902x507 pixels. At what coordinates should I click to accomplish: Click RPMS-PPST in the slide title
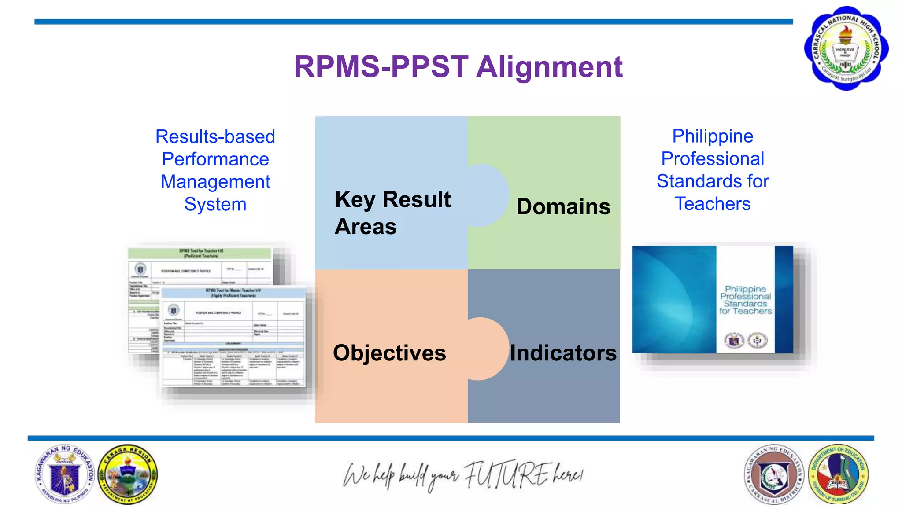point(381,67)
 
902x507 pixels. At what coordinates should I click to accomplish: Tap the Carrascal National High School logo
point(846,48)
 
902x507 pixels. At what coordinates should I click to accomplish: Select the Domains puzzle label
point(563,206)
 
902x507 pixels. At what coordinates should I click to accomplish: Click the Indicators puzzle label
point(563,353)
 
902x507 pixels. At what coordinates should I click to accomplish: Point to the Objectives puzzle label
point(389,353)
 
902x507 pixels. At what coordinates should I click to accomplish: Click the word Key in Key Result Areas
point(355,199)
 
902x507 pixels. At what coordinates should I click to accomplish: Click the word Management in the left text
point(215,182)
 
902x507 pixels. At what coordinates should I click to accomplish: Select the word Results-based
point(215,136)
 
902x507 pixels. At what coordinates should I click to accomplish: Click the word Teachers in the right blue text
point(713,204)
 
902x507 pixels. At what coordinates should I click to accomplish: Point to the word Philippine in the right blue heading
point(713,136)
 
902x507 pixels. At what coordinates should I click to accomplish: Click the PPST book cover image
point(713,299)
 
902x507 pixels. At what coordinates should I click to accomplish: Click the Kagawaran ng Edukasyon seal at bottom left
point(65,474)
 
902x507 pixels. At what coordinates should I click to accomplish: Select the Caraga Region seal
point(127,474)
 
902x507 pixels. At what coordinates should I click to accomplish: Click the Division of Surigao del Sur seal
point(838,474)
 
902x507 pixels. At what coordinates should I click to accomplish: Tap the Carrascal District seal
point(774,474)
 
